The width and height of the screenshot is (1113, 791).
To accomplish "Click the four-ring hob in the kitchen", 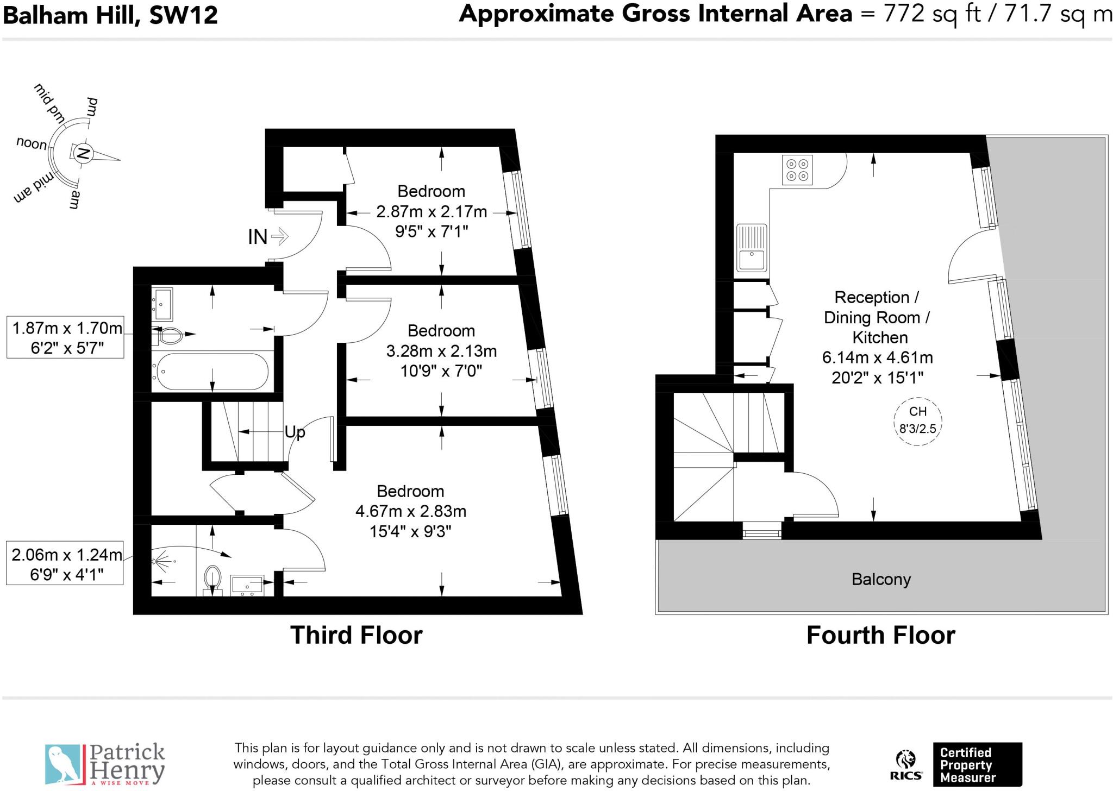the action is [x=797, y=170].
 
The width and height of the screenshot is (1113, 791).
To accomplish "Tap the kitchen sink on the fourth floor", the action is [x=752, y=248].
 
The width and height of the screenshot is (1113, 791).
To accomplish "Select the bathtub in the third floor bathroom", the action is [x=210, y=372].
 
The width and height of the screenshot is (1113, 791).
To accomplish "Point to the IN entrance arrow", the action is [x=279, y=236].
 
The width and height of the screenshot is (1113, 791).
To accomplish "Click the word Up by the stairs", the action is [x=295, y=432].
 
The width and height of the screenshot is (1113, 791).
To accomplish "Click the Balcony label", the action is [x=881, y=580].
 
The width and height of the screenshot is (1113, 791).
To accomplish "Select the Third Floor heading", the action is [x=357, y=635].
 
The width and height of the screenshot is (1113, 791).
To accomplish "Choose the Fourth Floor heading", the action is [x=880, y=635].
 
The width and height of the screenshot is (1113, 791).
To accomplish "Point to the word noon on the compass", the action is [x=32, y=143].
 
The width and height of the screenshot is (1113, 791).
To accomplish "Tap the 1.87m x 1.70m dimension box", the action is [x=65, y=337].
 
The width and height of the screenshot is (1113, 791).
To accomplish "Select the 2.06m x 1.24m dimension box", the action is [x=65, y=564].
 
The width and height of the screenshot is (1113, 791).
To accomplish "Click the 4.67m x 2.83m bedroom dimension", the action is [x=411, y=511].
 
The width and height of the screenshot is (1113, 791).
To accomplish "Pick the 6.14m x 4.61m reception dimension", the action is [x=878, y=357].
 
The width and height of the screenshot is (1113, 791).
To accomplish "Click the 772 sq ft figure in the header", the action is [x=931, y=14].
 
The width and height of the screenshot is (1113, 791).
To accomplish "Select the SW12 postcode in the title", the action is [x=184, y=15].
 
